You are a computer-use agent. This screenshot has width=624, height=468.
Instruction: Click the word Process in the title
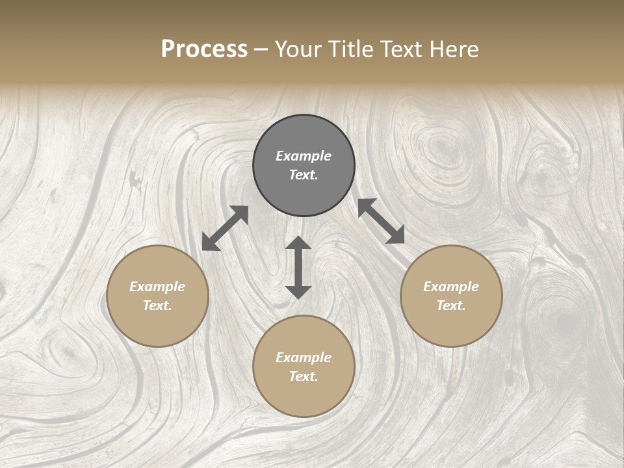(204, 49)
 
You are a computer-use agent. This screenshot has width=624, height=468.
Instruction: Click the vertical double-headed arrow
(298, 267)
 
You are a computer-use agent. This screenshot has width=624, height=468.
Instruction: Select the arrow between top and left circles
(225, 228)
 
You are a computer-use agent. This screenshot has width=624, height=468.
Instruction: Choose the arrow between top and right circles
(381, 221)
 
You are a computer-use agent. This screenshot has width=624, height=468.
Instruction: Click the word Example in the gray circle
(304, 156)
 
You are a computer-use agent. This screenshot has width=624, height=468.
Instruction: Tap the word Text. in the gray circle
(304, 175)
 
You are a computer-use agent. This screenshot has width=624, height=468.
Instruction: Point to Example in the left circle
(157, 287)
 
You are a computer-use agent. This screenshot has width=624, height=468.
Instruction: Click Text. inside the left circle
(157, 305)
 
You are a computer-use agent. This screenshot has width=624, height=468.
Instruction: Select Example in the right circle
(451, 287)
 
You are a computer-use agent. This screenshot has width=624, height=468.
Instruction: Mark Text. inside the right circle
(451, 305)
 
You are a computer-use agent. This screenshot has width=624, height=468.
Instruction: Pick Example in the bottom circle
(304, 357)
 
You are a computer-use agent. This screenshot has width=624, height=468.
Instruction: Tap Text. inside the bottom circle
(304, 376)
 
